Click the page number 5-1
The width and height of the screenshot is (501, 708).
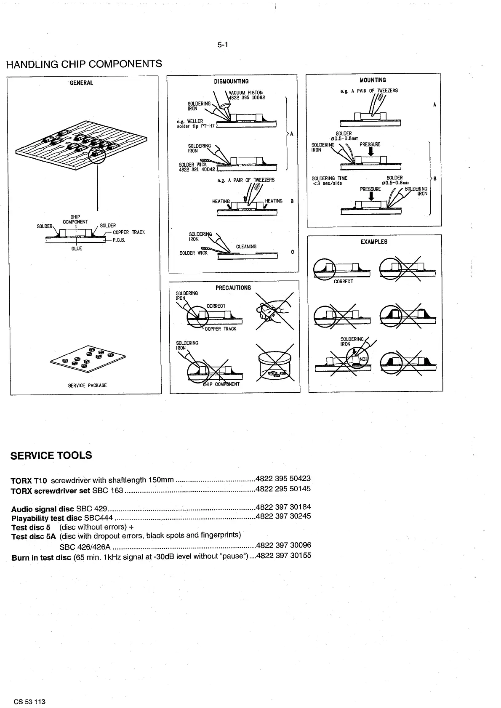223,45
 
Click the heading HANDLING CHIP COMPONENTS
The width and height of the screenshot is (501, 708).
84,64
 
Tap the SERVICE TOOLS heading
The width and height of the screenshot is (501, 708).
51,455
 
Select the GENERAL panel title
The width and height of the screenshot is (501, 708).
81,83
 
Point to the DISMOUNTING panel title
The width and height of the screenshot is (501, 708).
231,82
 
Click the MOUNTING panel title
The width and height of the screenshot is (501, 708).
373,80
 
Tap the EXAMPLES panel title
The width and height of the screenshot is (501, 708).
374,242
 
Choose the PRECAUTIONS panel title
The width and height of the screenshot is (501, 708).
233,288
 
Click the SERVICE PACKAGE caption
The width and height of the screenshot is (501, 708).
88,386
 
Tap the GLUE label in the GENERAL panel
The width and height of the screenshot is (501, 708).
77,249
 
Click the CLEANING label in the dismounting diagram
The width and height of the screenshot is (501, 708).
246,247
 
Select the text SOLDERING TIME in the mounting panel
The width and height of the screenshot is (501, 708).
329,178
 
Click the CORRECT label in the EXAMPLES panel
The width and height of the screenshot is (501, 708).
343,282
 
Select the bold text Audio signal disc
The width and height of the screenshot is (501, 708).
43,508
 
